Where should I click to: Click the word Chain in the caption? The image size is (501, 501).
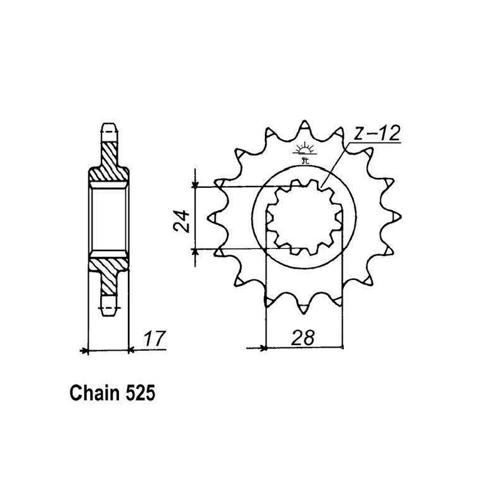[95, 393]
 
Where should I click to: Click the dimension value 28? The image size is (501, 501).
[302, 336]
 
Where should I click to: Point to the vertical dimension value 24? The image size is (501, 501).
[182, 220]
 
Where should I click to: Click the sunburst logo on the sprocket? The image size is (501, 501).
[305, 152]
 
